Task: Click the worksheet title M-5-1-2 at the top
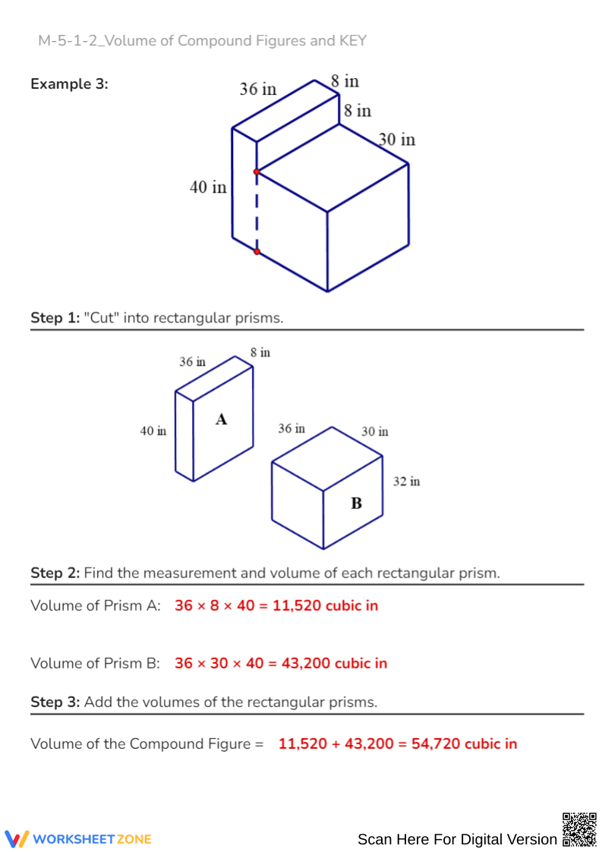click(202, 40)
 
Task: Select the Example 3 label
click(69, 84)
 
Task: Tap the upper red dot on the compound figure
click(257, 172)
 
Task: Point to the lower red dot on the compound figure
click(257, 251)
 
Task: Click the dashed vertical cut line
click(257, 212)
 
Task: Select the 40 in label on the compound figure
click(208, 187)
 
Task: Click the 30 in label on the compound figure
click(397, 140)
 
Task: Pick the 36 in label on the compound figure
click(258, 89)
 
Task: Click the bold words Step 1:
click(55, 318)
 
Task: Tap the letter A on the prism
click(222, 419)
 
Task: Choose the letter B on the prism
click(355, 502)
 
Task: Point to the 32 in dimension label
click(406, 481)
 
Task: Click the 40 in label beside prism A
click(153, 431)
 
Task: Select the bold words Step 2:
click(55, 573)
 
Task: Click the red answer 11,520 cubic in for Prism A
click(329, 605)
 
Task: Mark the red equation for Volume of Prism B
click(280, 663)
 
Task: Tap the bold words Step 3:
click(55, 702)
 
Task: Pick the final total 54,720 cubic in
click(464, 744)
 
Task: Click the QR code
click(578, 829)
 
